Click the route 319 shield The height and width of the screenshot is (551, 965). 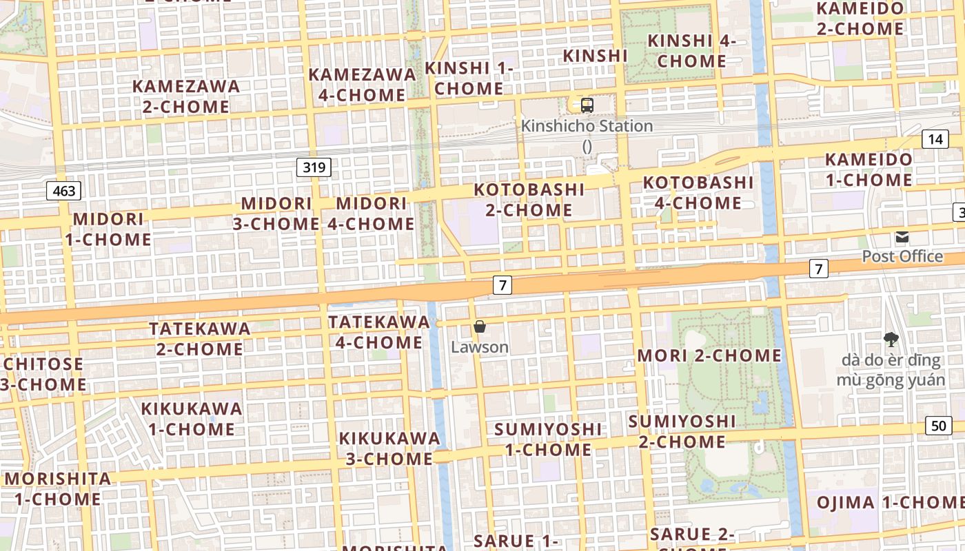314,167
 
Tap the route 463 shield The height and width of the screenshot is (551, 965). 64,191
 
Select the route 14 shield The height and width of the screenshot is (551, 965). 935,139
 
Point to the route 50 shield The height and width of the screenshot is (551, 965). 939,426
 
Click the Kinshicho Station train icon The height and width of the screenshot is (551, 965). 587,105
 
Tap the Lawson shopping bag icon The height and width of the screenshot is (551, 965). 480,326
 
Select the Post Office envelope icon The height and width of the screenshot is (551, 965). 902,238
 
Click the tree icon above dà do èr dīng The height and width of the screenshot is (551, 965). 891,339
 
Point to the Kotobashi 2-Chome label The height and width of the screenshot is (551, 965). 529,200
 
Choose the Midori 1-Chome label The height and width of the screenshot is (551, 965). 108,229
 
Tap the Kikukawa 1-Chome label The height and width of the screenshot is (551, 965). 192,419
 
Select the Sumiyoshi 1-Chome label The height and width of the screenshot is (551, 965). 547,439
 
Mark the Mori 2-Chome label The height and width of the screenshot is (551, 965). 709,355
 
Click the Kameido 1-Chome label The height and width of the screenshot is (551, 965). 868,169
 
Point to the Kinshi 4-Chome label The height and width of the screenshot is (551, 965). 691,51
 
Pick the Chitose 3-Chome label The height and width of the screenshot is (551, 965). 43,374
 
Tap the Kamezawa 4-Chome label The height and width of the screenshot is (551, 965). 362,85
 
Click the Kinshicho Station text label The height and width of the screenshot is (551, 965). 587,126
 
